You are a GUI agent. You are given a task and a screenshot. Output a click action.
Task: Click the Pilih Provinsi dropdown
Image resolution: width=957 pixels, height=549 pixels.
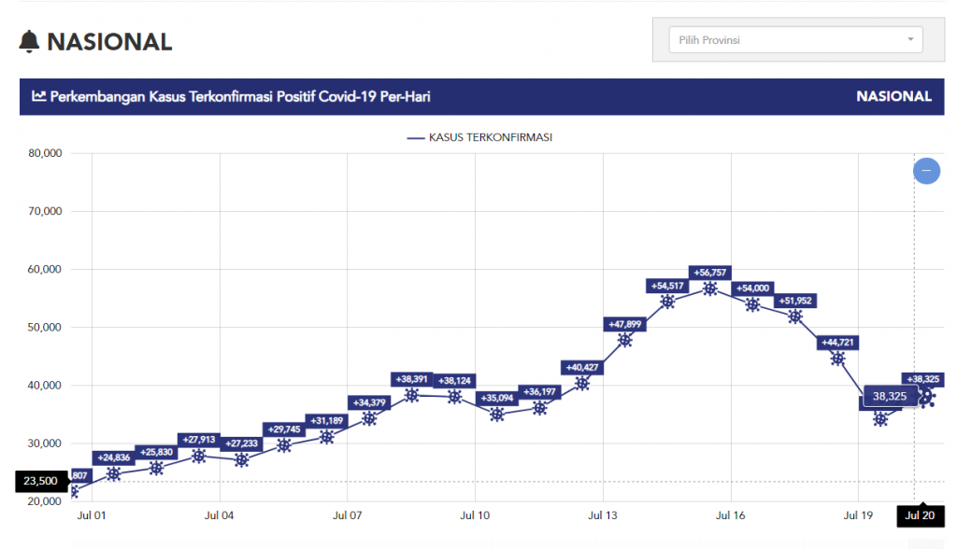tap(795, 40)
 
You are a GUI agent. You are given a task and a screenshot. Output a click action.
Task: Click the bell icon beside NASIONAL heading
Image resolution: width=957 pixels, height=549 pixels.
tap(30, 42)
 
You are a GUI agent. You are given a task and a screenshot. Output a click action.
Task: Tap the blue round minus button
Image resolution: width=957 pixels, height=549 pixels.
tap(926, 171)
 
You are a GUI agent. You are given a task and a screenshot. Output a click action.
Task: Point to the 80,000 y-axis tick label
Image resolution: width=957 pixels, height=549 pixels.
tap(41, 153)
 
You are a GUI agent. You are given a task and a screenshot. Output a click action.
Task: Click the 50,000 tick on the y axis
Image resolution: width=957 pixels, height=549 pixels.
tap(41, 328)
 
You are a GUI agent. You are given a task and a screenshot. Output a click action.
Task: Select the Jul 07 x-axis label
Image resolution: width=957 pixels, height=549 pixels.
tap(347, 514)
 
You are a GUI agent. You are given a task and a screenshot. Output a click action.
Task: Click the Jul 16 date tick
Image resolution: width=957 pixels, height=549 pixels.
tap(730, 514)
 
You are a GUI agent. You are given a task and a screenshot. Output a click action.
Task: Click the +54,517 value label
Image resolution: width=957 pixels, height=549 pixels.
tap(667, 287)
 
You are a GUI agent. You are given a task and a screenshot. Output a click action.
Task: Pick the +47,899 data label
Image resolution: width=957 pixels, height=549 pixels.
tap(625, 324)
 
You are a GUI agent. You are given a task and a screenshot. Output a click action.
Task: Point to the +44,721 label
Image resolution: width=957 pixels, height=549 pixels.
tap(838, 343)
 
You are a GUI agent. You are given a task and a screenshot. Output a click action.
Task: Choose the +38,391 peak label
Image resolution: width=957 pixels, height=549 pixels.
tap(411, 379)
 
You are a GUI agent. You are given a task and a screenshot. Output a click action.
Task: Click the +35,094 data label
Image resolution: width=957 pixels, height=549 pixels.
tap(496, 398)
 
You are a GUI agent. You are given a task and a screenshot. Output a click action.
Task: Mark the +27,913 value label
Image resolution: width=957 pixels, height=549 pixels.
tap(199, 440)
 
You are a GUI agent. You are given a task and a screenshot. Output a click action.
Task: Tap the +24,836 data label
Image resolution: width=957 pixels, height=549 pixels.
tap(114, 457)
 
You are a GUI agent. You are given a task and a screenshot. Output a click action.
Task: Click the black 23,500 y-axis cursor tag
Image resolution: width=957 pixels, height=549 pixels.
tap(41, 482)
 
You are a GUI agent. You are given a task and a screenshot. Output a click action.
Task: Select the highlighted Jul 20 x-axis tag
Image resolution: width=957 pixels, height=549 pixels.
tap(920, 514)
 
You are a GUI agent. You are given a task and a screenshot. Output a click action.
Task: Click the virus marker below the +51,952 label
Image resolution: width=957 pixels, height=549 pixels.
tap(795, 317)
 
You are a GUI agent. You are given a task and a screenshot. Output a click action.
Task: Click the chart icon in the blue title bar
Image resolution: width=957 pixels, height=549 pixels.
tap(39, 96)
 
